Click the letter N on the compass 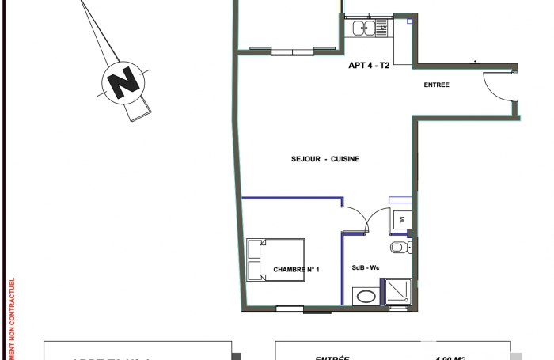point(123,81)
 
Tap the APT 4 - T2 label point(369,66)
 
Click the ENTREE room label point(437,85)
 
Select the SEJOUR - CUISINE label point(325,159)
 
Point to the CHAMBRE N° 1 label point(296,270)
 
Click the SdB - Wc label point(365,269)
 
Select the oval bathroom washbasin point(366,297)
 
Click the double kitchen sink point(365,28)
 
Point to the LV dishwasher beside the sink point(384,28)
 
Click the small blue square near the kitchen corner point(408,22)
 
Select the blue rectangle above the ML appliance point(400,199)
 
